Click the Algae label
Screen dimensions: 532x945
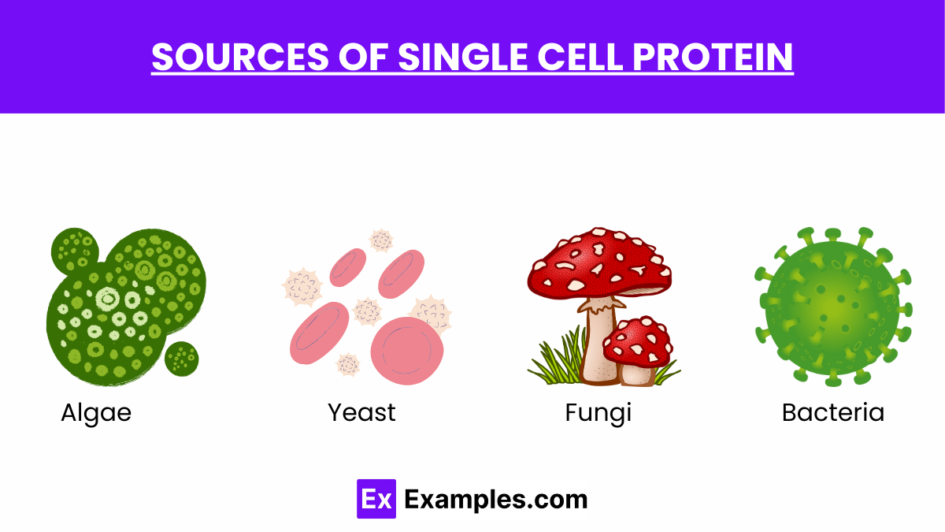point(96,412)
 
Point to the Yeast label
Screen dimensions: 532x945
point(361,412)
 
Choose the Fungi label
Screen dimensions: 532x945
point(598,412)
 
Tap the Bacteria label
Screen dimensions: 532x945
point(833,412)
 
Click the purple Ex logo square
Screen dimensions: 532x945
point(376,499)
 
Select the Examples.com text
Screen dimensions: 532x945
point(496,499)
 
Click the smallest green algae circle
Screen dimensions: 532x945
point(182,359)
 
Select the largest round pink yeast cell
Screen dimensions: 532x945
point(406,350)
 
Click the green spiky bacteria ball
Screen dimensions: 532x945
point(832,307)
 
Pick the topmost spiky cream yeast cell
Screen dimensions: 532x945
point(382,240)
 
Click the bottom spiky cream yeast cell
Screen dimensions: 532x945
point(348,364)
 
